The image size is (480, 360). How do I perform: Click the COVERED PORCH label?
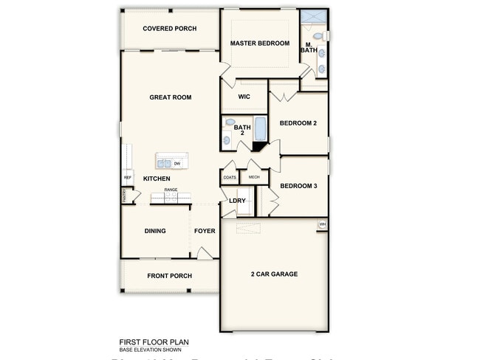tap(169, 29)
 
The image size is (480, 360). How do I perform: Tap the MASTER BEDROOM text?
tap(259, 44)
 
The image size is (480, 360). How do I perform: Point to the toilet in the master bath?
tap(318, 35)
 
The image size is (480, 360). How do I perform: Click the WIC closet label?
tap(244, 96)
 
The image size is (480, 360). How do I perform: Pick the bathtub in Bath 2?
tap(260, 130)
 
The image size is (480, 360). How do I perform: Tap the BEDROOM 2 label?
tap(298, 123)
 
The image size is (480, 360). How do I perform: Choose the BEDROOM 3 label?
tap(298, 186)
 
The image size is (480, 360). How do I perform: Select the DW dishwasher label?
tap(178, 163)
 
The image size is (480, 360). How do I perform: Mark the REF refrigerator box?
tap(127, 177)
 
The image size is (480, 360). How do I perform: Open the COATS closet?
tap(230, 177)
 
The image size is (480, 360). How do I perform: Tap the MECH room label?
tap(254, 177)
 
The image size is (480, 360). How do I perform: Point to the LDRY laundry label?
tap(237, 201)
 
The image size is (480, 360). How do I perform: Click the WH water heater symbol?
tap(323, 224)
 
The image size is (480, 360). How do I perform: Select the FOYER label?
tap(205, 231)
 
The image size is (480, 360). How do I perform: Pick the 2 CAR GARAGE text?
tap(274, 274)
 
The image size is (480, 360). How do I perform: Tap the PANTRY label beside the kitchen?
tap(124, 195)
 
